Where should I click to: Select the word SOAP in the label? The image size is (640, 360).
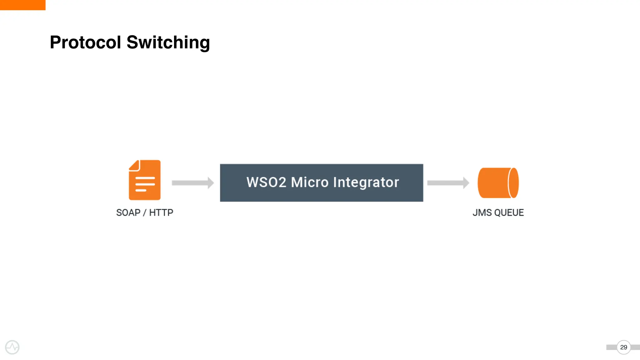pyautogui.click(x=128, y=212)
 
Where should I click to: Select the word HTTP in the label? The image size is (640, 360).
pyautogui.click(x=161, y=212)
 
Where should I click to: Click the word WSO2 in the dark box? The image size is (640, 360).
pyautogui.click(x=266, y=182)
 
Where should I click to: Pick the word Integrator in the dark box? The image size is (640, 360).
pyautogui.click(x=366, y=182)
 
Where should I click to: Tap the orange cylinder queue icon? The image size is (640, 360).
pyautogui.click(x=495, y=183)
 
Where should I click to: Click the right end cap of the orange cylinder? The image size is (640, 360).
pyautogui.click(x=513, y=183)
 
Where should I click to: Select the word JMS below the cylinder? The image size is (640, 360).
pyautogui.click(x=482, y=212)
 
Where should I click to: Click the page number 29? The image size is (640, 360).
pyautogui.click(x=623, y=347)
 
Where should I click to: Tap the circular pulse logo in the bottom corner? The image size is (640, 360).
pyautogui.click(x=12, y=347)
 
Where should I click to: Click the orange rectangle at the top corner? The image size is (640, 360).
pyautogui.click(x=22, y=5)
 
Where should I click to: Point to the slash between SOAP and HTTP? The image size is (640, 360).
pyautogui.click(x=145, y=213)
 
